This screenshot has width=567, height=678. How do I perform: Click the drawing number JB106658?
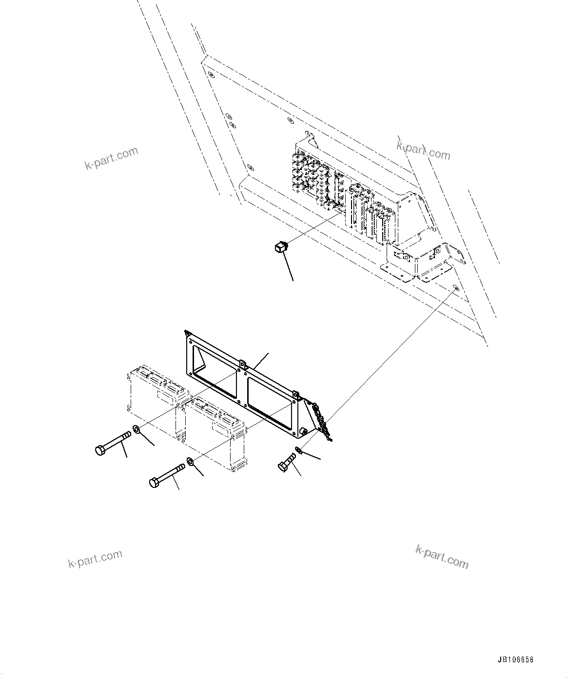[x=515, y=660]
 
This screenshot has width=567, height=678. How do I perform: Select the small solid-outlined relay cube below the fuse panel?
[x=278, y=248]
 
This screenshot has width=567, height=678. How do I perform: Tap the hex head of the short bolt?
[x=283, y=467]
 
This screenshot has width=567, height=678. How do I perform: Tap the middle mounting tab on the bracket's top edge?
[x=242, y=363]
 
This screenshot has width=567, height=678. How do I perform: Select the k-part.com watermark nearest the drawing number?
[x=442, y=557]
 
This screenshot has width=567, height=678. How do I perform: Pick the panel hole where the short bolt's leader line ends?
[x=455, y=287]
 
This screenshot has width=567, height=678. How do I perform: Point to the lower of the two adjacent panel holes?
[x=233, y=125]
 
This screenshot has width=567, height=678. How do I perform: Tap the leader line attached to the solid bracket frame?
[x=261, y=360]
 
